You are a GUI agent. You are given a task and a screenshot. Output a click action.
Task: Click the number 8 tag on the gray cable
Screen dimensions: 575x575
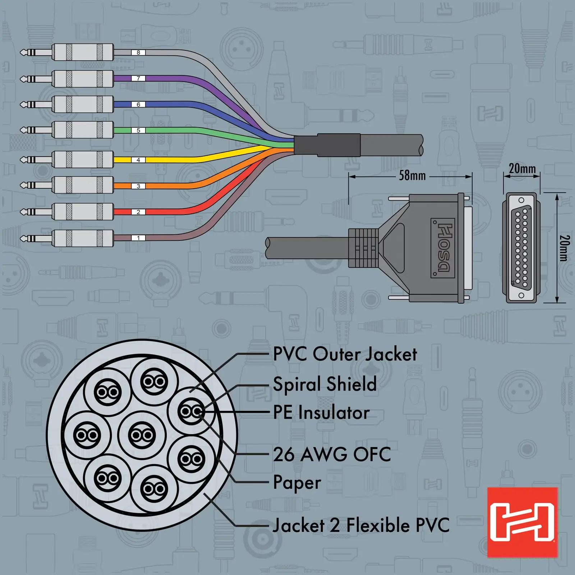click(x=138, y=52)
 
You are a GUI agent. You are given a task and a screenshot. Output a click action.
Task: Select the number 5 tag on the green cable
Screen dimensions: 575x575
click(x=138, y=130)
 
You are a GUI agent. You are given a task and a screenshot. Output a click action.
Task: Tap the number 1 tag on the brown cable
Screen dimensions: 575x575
click(x=138, y=238)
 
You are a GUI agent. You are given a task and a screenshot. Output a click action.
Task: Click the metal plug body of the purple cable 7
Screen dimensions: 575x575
click(x=83, y=79)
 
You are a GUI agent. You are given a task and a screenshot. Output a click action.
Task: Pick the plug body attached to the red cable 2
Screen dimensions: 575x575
click(x=83, y=212)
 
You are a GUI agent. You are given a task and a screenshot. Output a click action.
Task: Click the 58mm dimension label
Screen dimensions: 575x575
click(x=412, y=176)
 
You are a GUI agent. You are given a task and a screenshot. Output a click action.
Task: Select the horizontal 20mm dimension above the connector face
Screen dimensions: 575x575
click(x=522, y=169)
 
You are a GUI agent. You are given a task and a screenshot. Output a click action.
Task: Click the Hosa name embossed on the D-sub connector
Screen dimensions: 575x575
click(x=443, y=248)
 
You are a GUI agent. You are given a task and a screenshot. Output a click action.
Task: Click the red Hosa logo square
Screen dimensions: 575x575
click(x=523, y=522)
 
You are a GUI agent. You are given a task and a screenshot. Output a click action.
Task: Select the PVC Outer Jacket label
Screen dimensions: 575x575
click(x=345, y=354)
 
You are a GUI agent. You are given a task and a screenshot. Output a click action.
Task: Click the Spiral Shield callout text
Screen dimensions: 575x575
click(x=325, y=384)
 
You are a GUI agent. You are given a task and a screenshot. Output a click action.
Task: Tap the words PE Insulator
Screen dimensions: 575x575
click(x=321, y=413)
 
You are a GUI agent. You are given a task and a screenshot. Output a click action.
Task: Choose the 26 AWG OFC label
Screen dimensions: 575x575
click(x=332, y=455)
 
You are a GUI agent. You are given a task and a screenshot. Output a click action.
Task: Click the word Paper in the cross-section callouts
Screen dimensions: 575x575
click(x=297, y=483)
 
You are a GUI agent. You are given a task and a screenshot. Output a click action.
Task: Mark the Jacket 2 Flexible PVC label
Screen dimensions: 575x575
click(x=361, y=525)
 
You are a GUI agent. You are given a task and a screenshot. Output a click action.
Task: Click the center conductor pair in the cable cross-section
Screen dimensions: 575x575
click(x=142, y=436)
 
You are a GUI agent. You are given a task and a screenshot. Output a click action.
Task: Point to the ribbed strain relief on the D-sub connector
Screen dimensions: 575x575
click(x=363, y=248)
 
